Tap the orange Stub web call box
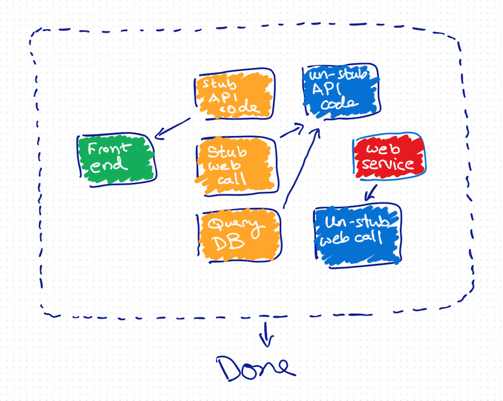tap(236, 164)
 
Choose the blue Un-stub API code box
tap(341, 90)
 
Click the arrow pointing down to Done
tap(267, 335)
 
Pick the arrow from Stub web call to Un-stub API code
tap(291, 132)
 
